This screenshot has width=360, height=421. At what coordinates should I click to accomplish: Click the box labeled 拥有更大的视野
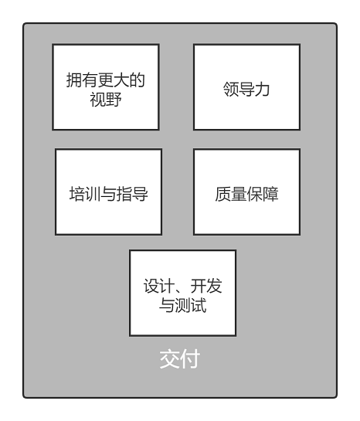click(106, 87)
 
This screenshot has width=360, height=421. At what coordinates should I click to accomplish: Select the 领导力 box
click(246, 87)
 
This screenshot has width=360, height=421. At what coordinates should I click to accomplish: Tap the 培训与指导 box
click(108, 192)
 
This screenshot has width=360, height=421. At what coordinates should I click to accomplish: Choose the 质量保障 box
click(246, 192)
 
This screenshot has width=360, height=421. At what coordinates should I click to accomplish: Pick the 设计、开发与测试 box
click(182, 293)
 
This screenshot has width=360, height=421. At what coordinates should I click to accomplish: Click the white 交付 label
click(180, 358)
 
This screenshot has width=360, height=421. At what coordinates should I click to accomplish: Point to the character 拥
click(74, 80)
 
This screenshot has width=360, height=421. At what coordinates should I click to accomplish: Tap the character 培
click(77, 194)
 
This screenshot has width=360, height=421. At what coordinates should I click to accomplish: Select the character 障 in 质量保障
click(270, 194)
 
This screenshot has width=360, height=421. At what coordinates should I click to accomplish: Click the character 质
click(222, 194)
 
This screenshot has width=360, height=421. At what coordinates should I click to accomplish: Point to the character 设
click(151, 286)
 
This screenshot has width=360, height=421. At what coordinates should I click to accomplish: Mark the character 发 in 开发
click(214, 286)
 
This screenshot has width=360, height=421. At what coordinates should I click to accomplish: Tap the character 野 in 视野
click(114, 100)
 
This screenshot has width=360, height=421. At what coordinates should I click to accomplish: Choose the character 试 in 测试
click(199, 305)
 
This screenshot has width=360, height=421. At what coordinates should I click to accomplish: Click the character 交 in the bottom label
click(170, 358)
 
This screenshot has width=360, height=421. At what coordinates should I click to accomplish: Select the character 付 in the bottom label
click(190, 358)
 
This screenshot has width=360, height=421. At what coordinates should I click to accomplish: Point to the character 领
click(231, 89)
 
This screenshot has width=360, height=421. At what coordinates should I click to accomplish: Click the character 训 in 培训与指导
click(93, 194)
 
